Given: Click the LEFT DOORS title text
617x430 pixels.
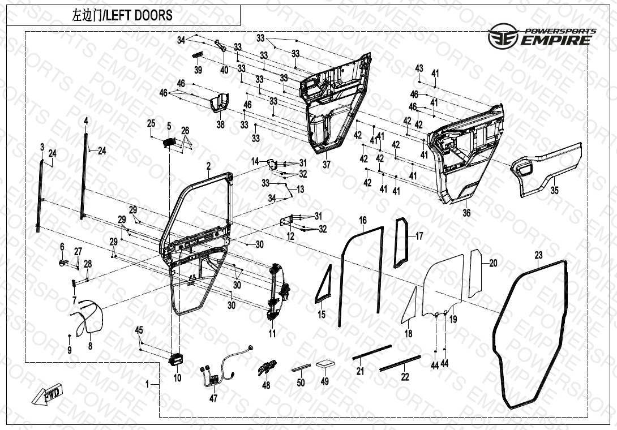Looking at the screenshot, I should tap(122, 15).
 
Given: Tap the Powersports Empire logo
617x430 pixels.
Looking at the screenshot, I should tap(541, 36).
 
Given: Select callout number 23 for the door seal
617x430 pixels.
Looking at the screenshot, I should tap(538, 256).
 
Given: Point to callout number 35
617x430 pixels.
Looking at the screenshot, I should tap(554, 191).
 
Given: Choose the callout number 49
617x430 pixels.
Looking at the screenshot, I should tap(324, 382).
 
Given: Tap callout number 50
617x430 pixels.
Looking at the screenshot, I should tap(301, 383).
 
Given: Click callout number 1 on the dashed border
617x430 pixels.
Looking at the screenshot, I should tap(148, 384).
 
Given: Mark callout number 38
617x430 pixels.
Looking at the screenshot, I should tap(220, 124).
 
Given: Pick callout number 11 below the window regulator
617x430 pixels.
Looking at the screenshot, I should tap(272, 334).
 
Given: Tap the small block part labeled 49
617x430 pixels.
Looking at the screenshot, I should tap(325, 364).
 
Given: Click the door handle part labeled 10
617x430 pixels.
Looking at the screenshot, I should tap(176, 358).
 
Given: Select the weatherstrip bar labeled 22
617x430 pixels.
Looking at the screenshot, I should tap(400, 362).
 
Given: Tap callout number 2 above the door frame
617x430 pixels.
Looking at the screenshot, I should tap(208, 166).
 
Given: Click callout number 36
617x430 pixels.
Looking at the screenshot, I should tap(466, 213).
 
